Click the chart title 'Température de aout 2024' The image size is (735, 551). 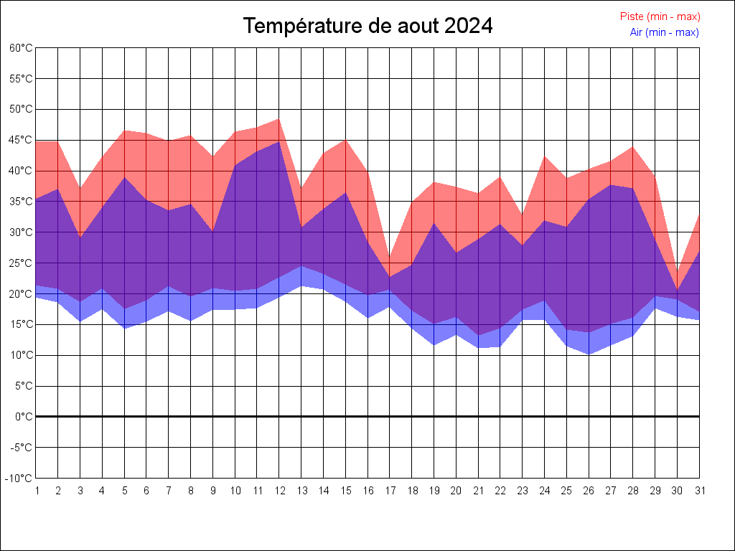point(367,27)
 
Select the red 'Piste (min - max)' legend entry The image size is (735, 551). point(660,17)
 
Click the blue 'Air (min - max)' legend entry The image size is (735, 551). point(664,32)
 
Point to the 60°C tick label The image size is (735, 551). point(22,48)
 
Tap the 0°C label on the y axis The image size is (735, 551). point(24,417)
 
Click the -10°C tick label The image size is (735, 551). point(20,479)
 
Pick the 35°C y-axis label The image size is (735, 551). point(22,202)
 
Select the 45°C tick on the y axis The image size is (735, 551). point(22,140)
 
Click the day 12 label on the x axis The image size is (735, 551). point(279,491)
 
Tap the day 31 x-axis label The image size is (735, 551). point(699,491)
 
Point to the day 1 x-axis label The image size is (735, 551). point(36,491)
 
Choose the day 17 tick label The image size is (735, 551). point(390,491)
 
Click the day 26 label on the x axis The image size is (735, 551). point(589,491)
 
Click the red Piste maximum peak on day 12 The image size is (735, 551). point(279,119)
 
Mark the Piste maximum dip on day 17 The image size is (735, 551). point(390,258)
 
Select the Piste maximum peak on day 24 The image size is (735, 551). point(545,156)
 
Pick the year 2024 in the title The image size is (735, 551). point(468,27)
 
